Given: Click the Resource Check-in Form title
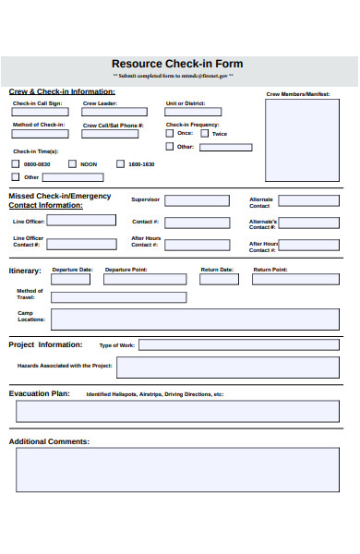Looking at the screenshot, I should (177, 64).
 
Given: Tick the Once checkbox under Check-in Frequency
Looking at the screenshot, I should (169, 133).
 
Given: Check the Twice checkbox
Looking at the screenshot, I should (205, 133).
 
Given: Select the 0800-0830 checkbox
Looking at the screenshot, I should (16, 163).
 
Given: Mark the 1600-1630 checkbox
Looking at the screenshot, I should (120, 163).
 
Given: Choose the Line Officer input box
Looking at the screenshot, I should (81, 221).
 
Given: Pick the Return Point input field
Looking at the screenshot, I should (295, 280).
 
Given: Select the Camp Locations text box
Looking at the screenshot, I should (194, 319).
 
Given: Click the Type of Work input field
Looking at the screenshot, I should (238, 345).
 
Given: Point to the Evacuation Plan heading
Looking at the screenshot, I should (40, 393).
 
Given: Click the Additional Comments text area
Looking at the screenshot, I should (177, 470).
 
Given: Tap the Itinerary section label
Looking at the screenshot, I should (25, 271).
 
